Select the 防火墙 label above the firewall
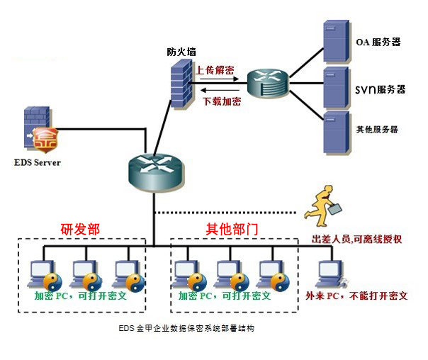(x=183, y=51)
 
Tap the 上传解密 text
(x=215, y=70)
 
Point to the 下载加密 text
(x=222, y=101)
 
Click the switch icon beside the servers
(x=268, y=84)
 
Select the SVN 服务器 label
(x=380, y=89)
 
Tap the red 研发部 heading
(x=80, y=229)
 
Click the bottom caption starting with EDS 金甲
(x=187, y=329)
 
